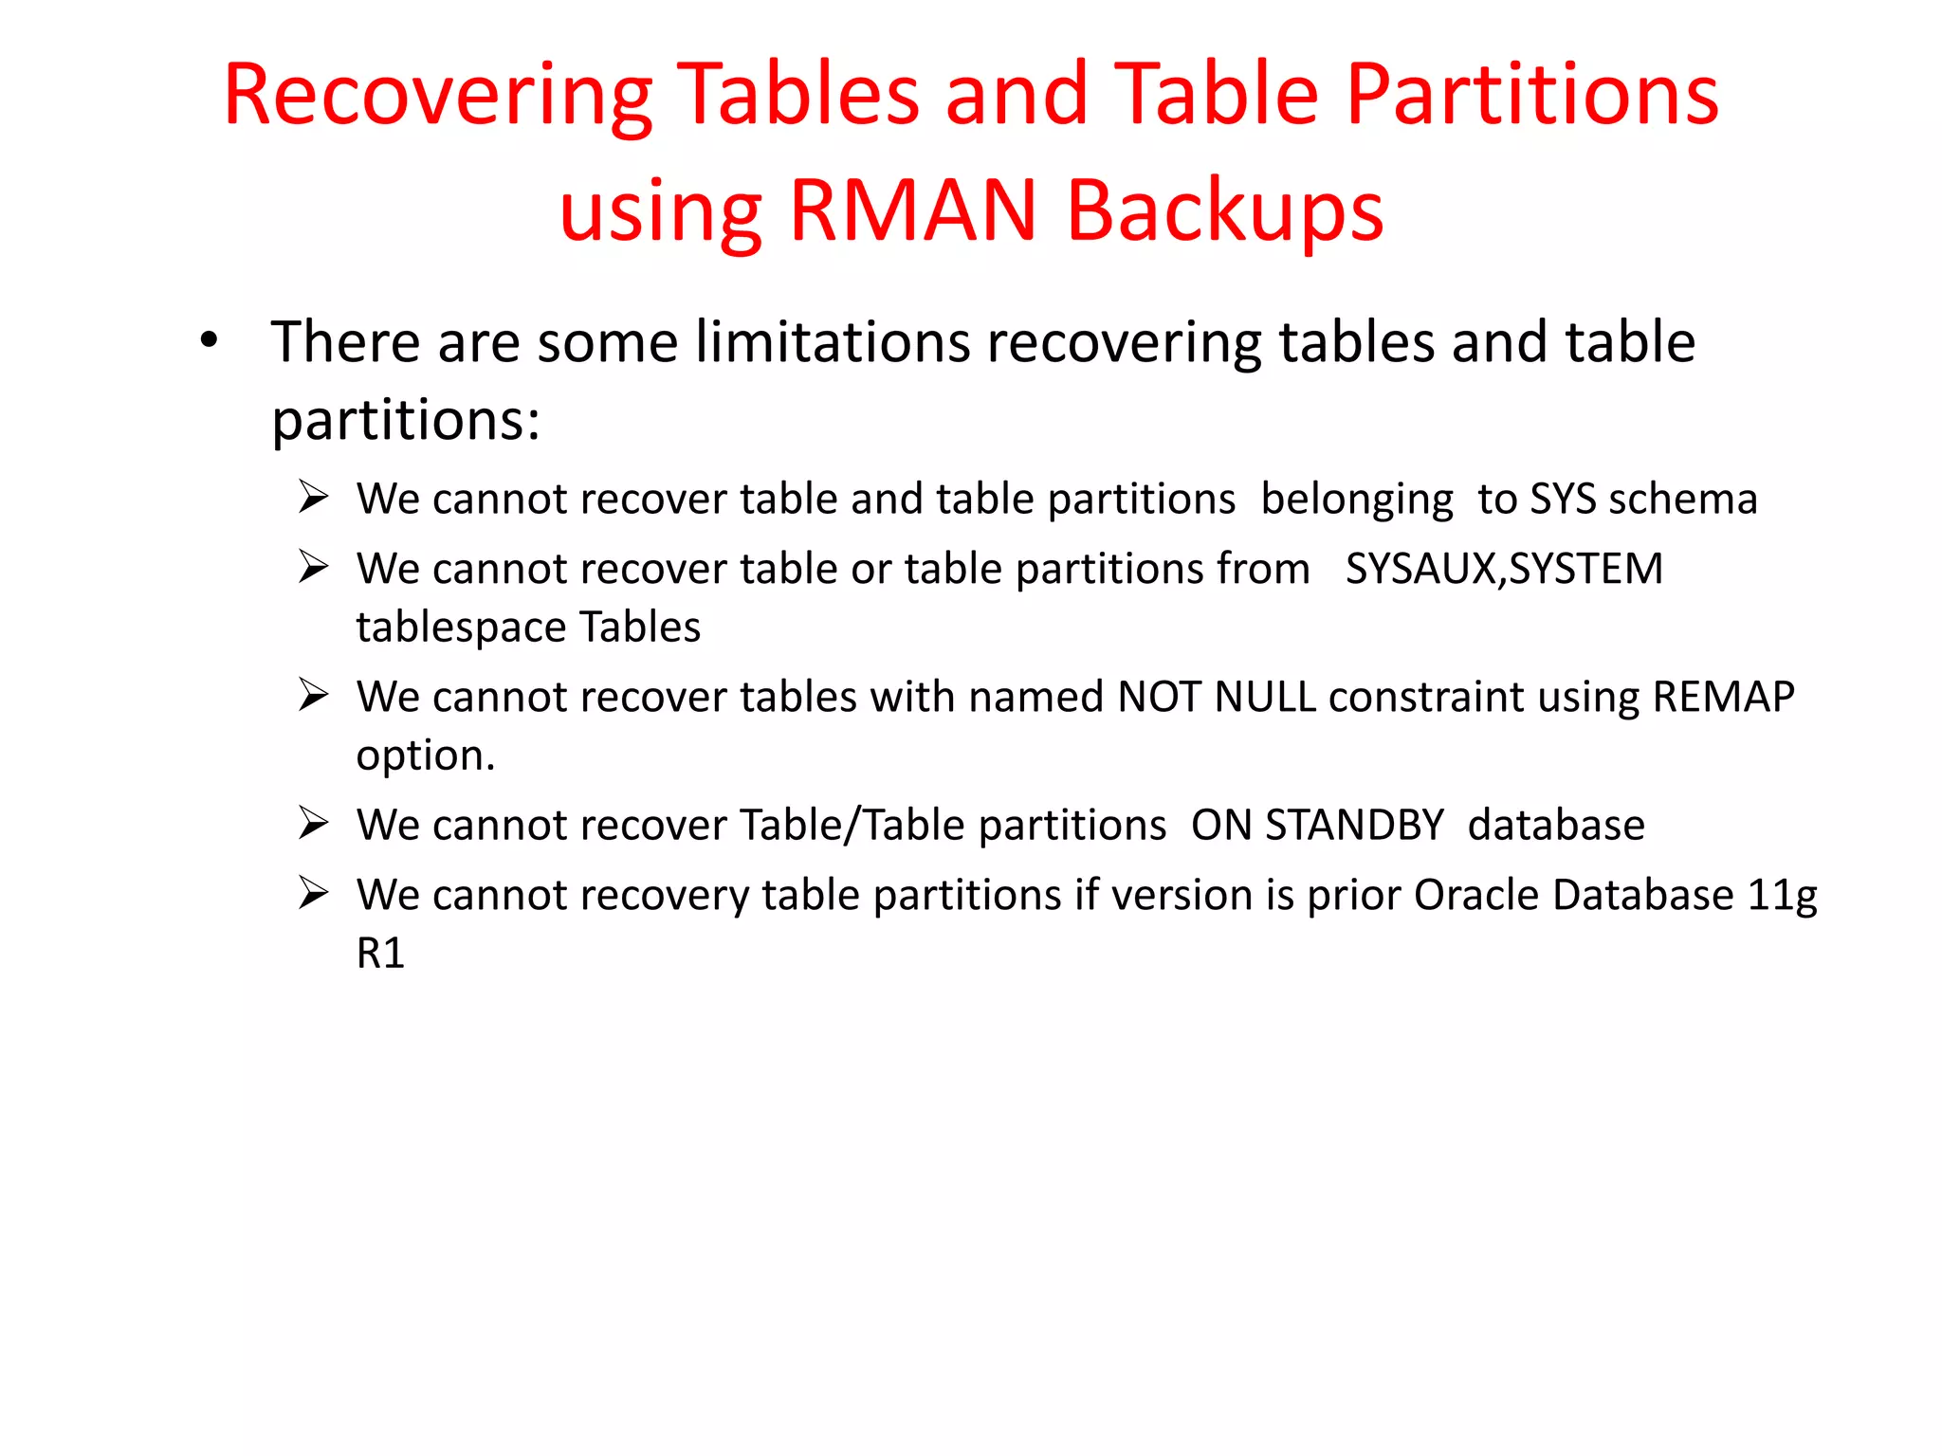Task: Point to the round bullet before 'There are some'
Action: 210,340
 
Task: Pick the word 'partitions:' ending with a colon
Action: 406,419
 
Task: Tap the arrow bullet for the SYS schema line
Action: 313,497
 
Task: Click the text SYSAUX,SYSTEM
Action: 1504,569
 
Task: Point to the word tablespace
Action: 461,628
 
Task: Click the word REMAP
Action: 1723,697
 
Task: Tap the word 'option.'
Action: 426,755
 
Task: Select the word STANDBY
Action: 1354,825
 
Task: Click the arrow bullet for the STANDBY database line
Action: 313,823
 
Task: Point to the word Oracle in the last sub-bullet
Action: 1477,895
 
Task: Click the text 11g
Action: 1782,895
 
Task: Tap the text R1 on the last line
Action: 380,953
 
